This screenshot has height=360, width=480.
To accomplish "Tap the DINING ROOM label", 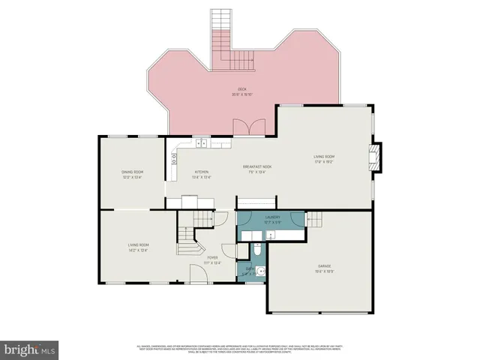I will (x=133, y=172).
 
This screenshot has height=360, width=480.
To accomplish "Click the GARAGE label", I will (x=324, y=265).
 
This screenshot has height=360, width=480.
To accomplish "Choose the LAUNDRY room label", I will (x=272, y=218).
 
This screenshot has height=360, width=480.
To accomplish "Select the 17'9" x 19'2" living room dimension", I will (x=323, y=161).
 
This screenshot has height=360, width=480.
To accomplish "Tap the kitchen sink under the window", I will (x=202, y=142).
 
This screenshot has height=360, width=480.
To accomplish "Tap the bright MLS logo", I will (x=30, y=349).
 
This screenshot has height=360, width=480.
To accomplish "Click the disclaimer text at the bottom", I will (x=240, y=349).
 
